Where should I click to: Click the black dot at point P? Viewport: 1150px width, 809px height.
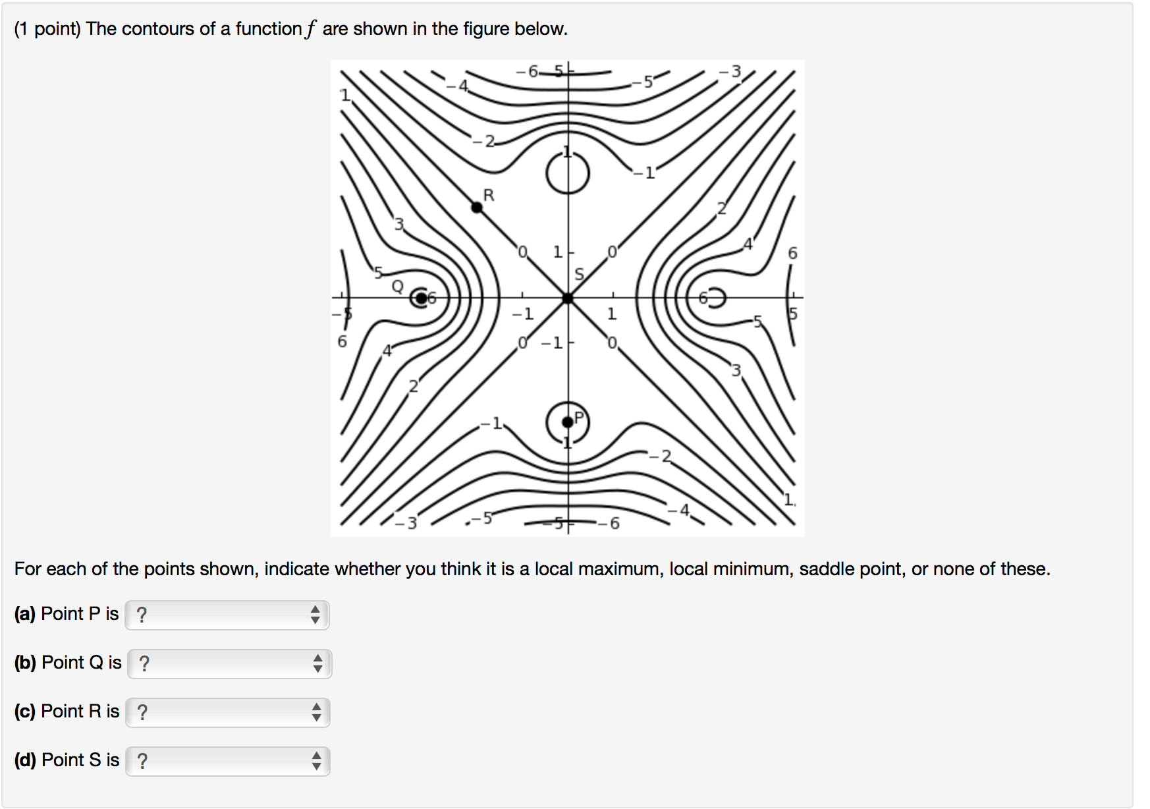coord(568,422)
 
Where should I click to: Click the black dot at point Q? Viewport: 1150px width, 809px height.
coord(421,298)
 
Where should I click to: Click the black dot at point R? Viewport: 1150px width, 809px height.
coord(477,208)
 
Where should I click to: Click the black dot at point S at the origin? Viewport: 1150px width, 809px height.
coord(568,298)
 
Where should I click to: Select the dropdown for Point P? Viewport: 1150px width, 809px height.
coord(227,615)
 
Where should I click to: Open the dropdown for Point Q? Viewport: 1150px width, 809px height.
coord(229,663)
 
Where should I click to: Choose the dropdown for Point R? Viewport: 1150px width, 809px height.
coord(228,712)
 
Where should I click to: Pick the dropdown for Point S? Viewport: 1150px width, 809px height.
coord(228,761)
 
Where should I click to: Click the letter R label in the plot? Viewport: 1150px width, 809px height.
coord(489,195)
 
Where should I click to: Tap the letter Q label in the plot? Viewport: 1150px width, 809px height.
coord(398,286)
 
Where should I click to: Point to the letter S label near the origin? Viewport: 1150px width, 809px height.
coord(580,274)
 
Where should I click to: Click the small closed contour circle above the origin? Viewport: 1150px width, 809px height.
coord(568,174)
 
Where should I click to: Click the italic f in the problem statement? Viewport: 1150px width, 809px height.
coord(310,29)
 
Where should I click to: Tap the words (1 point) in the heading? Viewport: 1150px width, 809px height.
coord(47,29)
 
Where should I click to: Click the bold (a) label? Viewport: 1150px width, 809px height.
coord(25,614)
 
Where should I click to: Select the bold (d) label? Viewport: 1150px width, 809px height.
coord(25,760)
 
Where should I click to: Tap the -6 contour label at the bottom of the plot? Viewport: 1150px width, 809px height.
coord(611,524)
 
